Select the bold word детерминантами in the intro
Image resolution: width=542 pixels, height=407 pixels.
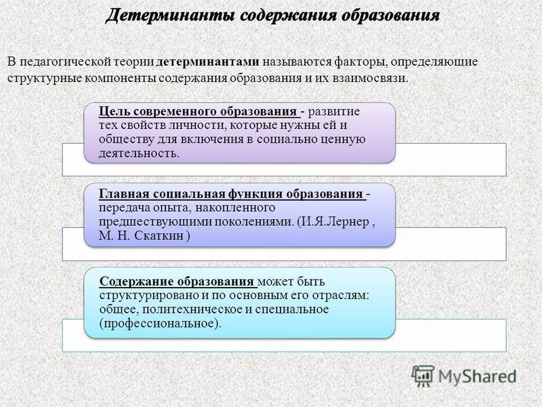pyautogui.click(x=208, y=62)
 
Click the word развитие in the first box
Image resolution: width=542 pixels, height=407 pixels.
pyautogui.click(x=333, y=112)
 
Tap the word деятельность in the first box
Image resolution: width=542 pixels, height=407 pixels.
pyautogui.click(x=139, y=153)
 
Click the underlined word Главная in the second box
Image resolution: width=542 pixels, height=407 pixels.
pyautogui.click(x=124, y=194)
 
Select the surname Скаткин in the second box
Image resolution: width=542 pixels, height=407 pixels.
pyautogui.click(x=159, y=236)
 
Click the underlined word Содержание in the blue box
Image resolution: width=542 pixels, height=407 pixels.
pyautogui.click(x=137, y=282)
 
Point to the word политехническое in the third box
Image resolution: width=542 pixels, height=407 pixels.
pyautogui.click(x=192, y=309)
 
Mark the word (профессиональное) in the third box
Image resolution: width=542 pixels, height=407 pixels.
pyautogui.click(x=160, y=324)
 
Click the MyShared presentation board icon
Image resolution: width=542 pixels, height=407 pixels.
pyautogui.click(x=423, y=376)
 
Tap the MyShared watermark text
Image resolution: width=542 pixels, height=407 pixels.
pyautogui.click(x=478, y=376)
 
